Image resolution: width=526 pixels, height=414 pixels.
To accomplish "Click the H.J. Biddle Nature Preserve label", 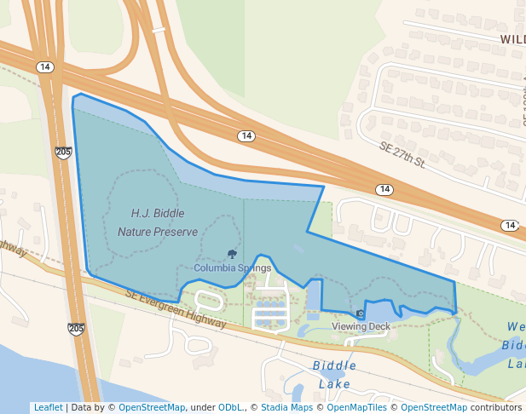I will coord(157,221).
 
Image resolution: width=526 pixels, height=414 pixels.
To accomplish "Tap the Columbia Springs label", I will coord(232,267).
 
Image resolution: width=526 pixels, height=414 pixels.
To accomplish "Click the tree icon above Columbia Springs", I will coord(232,254).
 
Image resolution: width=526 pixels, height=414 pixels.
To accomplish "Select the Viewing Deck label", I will coord(361,326).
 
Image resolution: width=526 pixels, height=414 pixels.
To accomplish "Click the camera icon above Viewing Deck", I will coord(360,314).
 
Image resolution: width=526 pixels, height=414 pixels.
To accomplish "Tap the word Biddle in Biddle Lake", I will coord(333,365).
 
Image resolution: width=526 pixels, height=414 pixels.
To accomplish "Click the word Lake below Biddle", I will coord(334,383).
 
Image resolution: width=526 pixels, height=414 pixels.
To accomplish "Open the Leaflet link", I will coord(48,407).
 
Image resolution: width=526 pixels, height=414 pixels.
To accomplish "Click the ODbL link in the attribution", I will coord(228,407).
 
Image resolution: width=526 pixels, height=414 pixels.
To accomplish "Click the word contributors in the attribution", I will coord(496,407).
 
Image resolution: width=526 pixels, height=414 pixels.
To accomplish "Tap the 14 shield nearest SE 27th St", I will coord(384,189).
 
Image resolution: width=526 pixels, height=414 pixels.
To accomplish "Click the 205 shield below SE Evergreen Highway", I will coord(77,329).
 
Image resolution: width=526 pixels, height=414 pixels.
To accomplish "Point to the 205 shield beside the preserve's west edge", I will coord(63,152).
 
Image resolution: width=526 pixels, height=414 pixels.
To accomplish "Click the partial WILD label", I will coord(512,39).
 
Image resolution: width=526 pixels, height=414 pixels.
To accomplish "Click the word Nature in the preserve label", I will coord(135,232).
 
